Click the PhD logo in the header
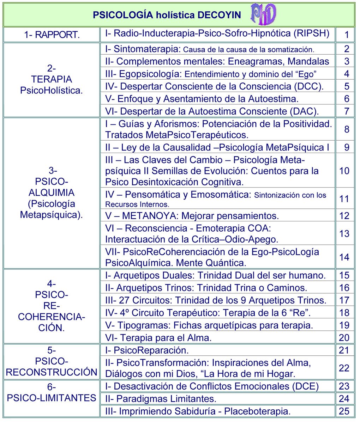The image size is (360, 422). (263, 14)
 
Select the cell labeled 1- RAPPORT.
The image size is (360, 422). (52, 35)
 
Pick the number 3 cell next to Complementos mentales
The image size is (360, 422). (347, 61)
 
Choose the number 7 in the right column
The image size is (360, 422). (347, 111)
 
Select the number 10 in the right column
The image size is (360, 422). (344, 171)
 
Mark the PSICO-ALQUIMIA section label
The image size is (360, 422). (52, 193)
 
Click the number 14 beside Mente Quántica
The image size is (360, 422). (344, 257)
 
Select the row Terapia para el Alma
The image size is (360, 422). (158, 338)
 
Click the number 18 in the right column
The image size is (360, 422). (344, 313)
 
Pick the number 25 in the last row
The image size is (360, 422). (344, 411)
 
